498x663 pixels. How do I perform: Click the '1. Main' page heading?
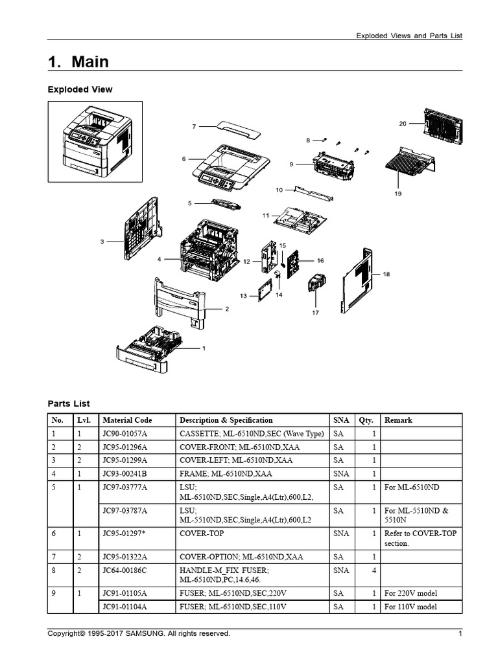pyautogui.click(x=78, y=62)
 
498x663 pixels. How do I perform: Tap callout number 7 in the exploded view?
pyautogui.click(x=193, y=127)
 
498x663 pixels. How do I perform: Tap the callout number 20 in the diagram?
pyautogui.click(x=403, y=123)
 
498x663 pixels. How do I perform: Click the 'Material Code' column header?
pyautogui.click(x=127, y=420)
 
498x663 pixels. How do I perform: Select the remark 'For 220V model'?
pyautogui.click(x=410, y=593)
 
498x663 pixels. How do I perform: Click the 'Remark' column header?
pyautogui.click(x=398, y=420)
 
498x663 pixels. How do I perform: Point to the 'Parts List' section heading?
pyautogui.click(x=69, y=403)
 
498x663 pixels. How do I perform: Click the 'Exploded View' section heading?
pyautogui.click(x=80, y=89)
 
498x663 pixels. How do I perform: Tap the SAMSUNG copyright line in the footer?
pyautogui.click(x=139, y=634)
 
